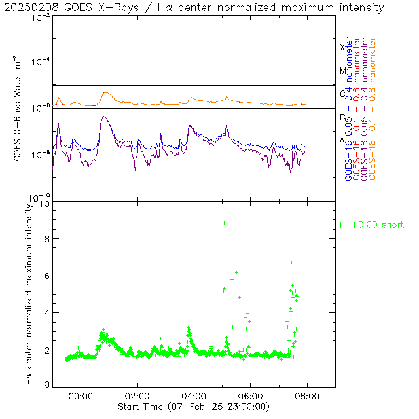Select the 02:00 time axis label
click(137, 396)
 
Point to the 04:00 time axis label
click(194, 396)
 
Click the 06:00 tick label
click(251, 396)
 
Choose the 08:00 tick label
click(307, 396)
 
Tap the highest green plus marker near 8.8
click(224, 223)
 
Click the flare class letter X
click(342, 47)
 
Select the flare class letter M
click(342, 71)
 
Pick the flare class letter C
click(342, 94)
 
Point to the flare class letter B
click(342, 117)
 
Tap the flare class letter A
click(342, 140)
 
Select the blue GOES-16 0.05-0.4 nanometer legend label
click(348, 109)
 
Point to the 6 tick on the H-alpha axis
click(46, 276)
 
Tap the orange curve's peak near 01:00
click(105, 92)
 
